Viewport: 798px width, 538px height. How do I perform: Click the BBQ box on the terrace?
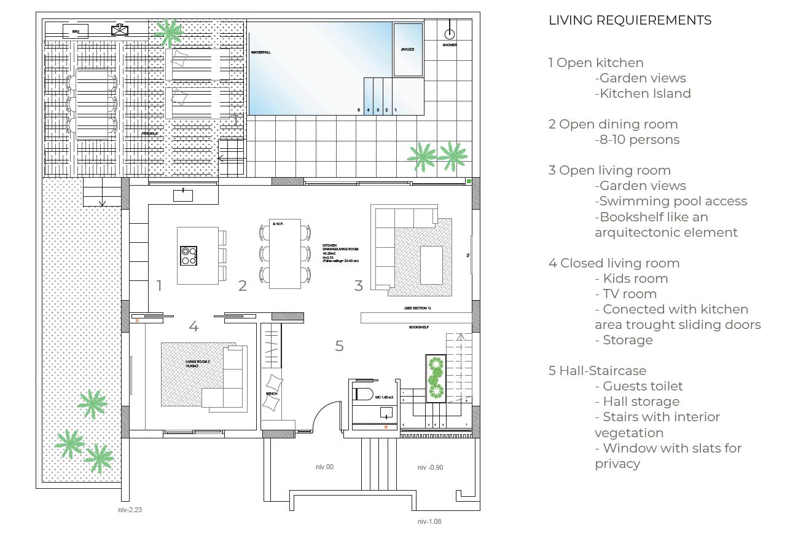coord(76,31)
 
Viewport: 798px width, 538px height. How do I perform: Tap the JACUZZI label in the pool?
coord(407,49)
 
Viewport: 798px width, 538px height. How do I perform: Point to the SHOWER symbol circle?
coord(450,34)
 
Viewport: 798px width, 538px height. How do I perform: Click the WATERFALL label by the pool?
coord(260,53)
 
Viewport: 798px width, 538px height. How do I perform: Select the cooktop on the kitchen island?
coord(189,256)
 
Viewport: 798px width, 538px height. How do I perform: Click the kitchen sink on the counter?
coord(183,196)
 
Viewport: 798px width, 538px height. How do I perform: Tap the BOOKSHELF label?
coord(418,328)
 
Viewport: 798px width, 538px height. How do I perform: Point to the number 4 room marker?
coord(194,327)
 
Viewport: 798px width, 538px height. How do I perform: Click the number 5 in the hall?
coord(339,346)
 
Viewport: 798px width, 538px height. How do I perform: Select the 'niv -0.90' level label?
coord(430,467)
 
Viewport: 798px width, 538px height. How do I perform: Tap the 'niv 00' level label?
coord(324,467)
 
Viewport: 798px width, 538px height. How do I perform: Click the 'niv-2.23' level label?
coord(130,510)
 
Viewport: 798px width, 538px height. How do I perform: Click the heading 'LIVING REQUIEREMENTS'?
coord(630,20)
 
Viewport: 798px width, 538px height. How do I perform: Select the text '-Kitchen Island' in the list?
coord(643,93)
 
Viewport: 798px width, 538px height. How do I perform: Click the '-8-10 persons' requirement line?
coord(637,140)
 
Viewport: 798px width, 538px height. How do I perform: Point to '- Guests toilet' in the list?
coord(639,386)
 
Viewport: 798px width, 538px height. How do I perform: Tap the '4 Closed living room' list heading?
coord(614,263)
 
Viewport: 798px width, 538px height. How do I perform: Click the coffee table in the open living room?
coord(431,264)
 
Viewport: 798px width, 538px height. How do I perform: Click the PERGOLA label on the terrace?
coord(150,133)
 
